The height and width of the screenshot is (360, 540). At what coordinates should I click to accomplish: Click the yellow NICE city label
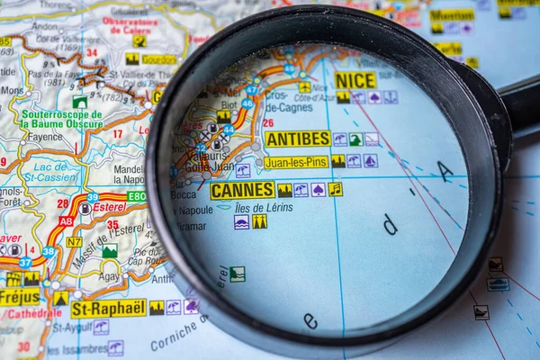[355, 80]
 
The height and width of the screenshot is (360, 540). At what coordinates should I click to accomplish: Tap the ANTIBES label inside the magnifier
[298, 139]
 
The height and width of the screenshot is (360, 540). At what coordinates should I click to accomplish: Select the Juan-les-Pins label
[296, 162]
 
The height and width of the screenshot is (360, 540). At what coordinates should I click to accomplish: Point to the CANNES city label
[242, 190]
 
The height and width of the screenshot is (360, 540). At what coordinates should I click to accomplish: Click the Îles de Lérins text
[264, 207]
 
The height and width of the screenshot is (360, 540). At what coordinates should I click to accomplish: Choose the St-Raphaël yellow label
[108, 308]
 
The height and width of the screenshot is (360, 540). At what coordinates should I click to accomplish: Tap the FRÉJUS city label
[20, 296]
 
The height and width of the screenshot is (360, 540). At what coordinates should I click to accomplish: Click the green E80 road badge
[136, 196]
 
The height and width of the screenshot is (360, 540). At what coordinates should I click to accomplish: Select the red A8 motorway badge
[66, 220]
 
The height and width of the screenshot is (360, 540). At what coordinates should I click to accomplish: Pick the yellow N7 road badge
[74, 242]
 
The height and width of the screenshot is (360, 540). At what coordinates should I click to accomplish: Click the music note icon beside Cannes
[335, 189]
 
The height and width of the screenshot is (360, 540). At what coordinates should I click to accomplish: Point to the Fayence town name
[45, 137]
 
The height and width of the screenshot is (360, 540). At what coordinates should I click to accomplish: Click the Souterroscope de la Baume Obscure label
[62, 119]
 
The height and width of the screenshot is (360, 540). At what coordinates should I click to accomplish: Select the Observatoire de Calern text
[130, 24]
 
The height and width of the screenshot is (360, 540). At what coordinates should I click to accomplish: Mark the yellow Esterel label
[109, 207]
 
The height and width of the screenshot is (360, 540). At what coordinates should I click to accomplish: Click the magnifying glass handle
[521, 103]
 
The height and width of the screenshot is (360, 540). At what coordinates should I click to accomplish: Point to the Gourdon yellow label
[158, 59]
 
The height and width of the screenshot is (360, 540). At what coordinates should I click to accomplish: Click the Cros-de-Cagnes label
[288, 101]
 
